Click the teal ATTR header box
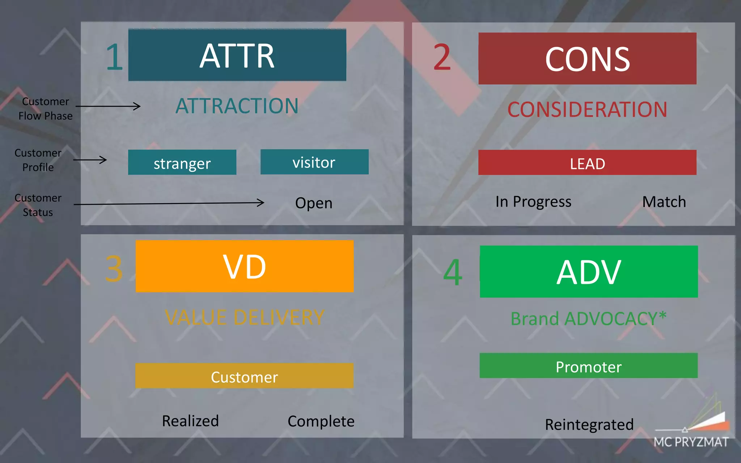click(237, 55)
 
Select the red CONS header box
click(587, 59)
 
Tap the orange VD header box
click(245, 266)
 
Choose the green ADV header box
click(589, 272)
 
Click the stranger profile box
click(182, 162)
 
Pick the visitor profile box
click(314, 162)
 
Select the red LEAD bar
click(587, 163)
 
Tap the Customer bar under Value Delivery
click(244, 376)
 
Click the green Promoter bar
click(589, 366)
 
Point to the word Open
click(314, 203)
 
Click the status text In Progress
click(533, 202)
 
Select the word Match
click(664, 202)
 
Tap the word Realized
click(190, 421)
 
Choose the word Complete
click(321, 421)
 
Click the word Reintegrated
click(589, 424)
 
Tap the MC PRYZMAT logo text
click(691, 442)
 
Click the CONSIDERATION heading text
click(587, 110)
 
